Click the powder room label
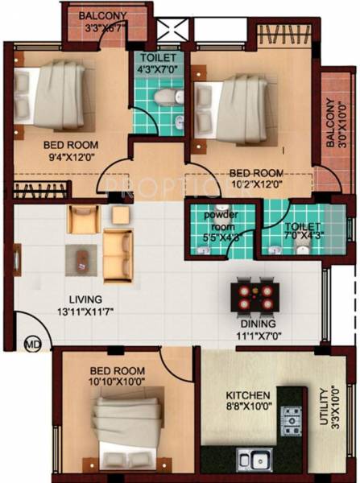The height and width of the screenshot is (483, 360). [222, 219]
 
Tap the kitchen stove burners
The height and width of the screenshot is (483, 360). [290, 419]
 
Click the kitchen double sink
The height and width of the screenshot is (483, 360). [252, 461]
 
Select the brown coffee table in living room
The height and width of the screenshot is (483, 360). [83, 256]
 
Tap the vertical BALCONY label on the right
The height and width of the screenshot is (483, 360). [331, 122]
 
